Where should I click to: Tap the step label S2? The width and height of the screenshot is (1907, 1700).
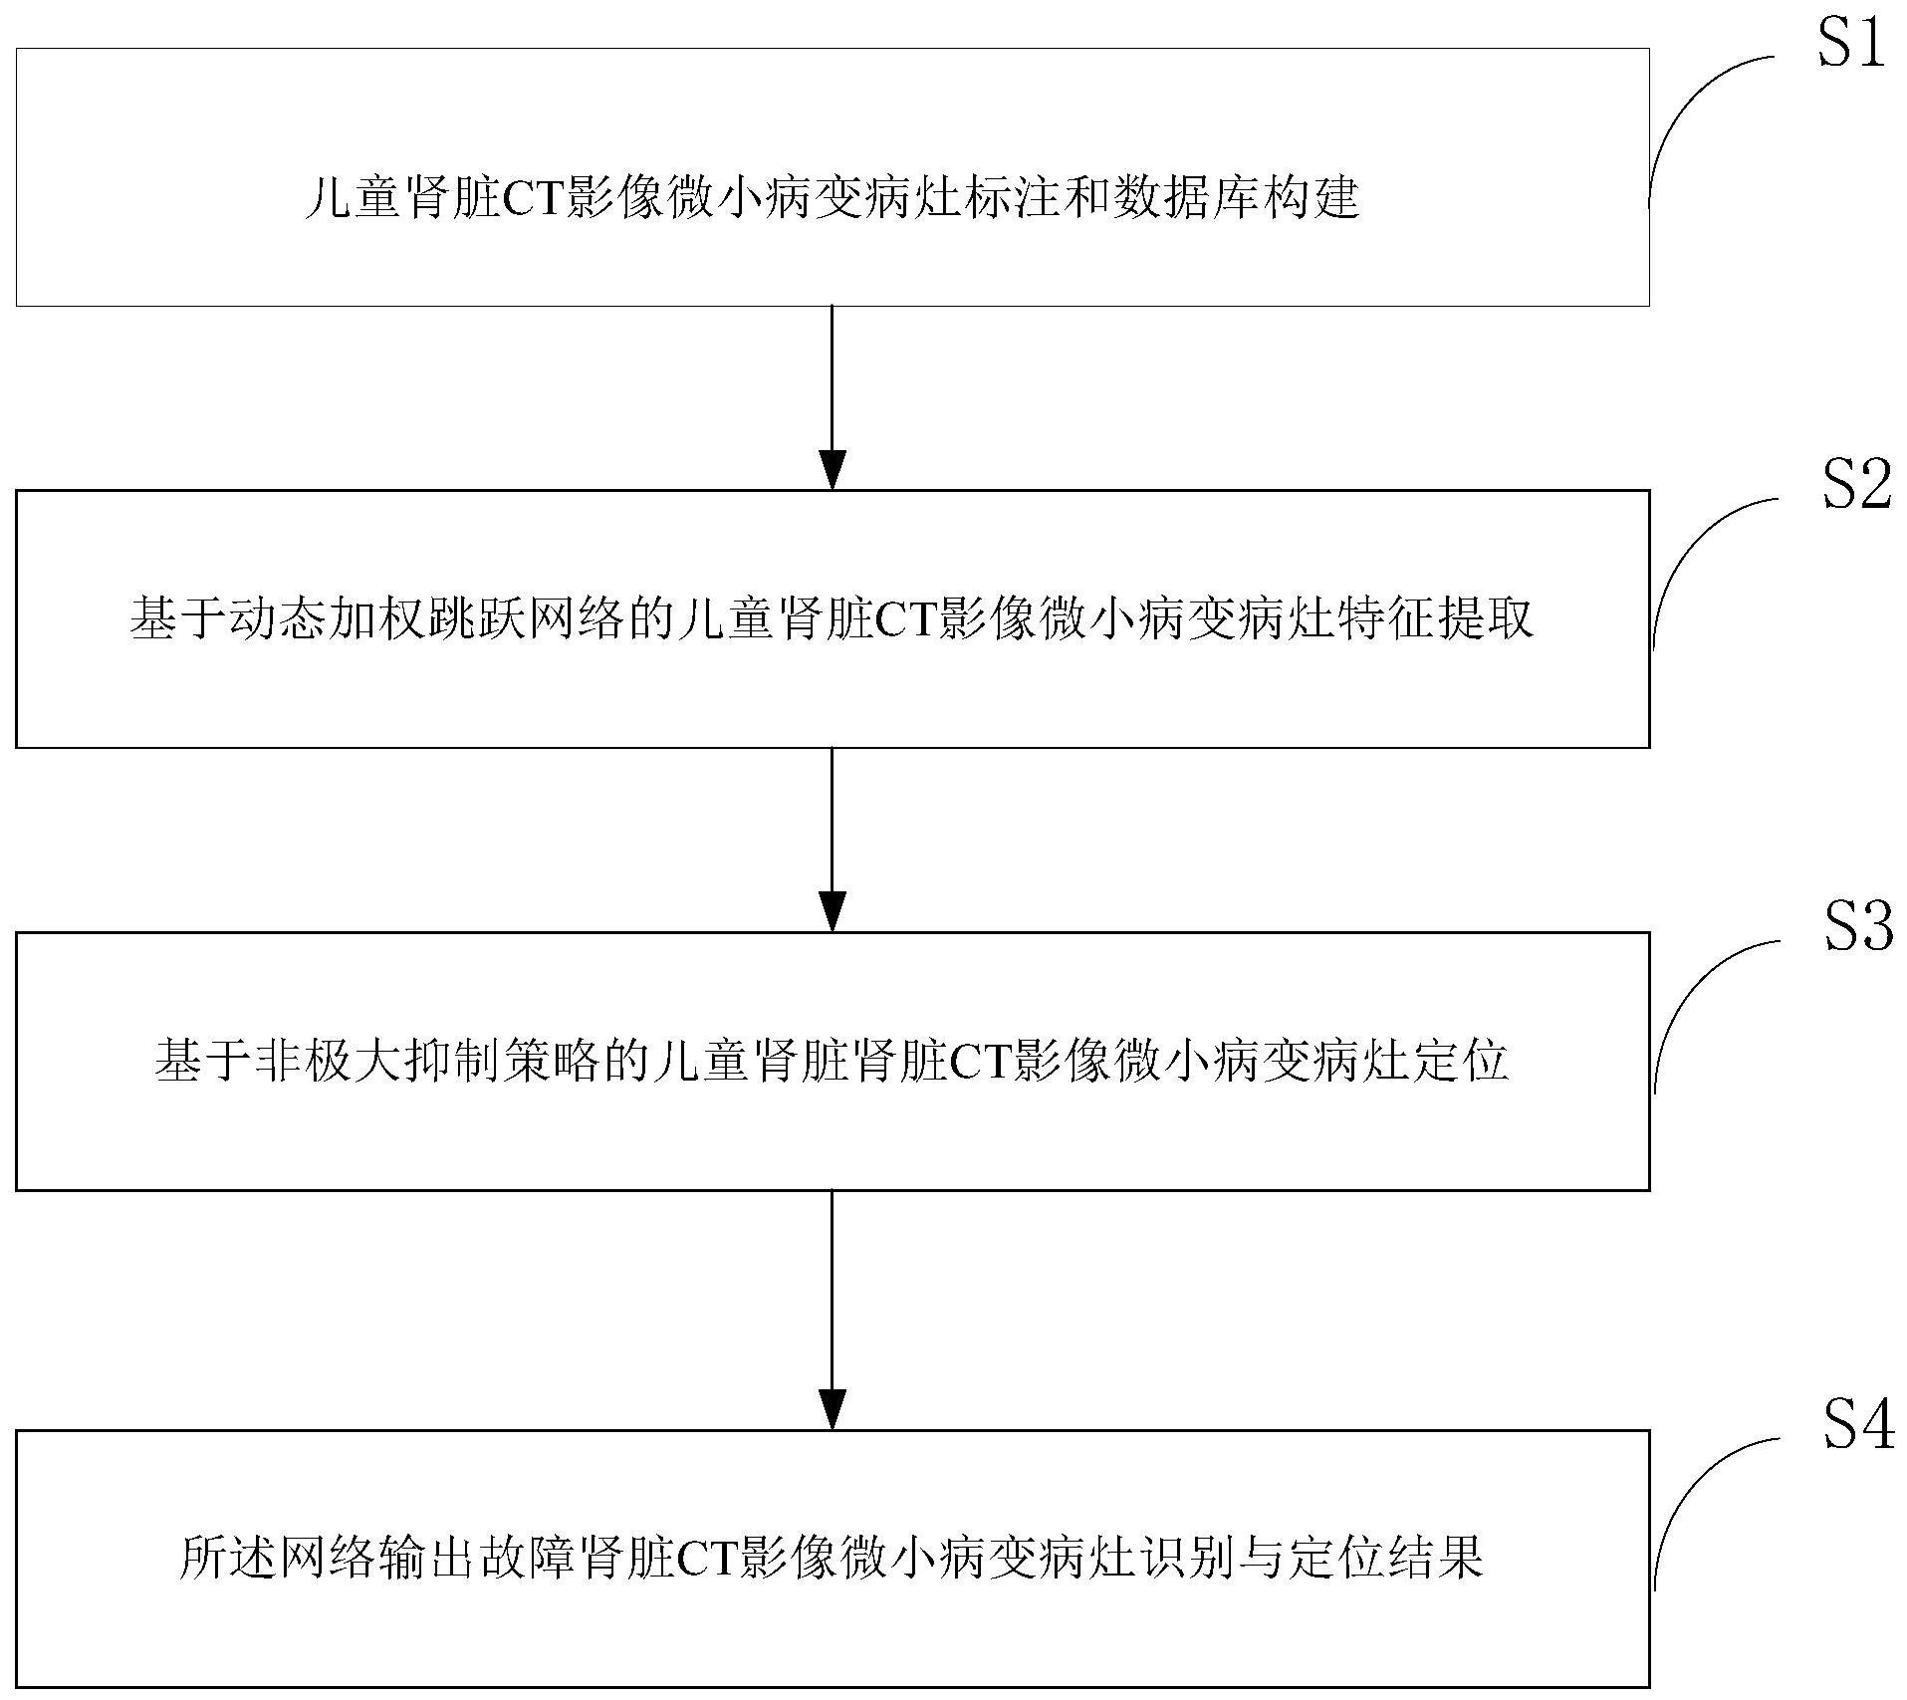click(x=1855, y=488)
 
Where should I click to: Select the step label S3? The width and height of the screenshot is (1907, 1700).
click(x=1857, y=928)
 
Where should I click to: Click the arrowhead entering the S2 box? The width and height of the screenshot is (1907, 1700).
click(x=832, y=470)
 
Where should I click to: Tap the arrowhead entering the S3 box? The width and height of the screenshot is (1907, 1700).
click(x=832, y=912)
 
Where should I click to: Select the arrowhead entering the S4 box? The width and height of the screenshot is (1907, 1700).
click(x=832, y=1410)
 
